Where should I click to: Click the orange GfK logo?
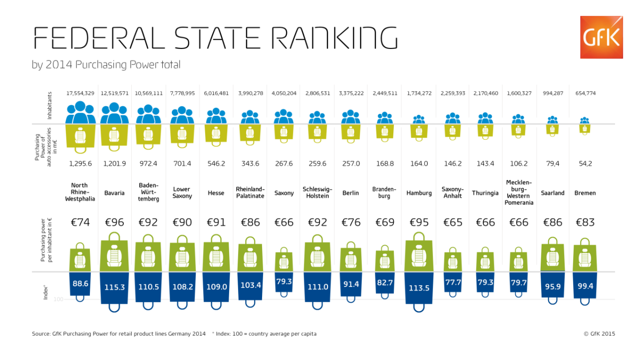602,37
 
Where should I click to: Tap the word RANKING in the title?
334,38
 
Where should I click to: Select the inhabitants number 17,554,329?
80,93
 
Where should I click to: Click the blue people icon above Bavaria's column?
114,113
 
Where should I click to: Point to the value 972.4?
148,163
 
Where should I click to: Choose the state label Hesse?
216,193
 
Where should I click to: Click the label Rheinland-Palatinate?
250,193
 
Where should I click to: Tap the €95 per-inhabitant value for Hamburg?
419,222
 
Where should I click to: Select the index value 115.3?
114,287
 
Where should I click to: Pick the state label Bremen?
585,193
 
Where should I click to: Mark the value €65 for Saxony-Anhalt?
453,222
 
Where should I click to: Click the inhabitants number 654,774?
586,93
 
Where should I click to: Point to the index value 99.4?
586,286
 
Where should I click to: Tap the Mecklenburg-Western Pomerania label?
519,192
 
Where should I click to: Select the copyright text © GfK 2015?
600,334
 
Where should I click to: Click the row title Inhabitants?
49,105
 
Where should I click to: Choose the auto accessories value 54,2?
586,163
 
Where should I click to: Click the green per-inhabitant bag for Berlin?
351,257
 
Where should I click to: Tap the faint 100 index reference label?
58,299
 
